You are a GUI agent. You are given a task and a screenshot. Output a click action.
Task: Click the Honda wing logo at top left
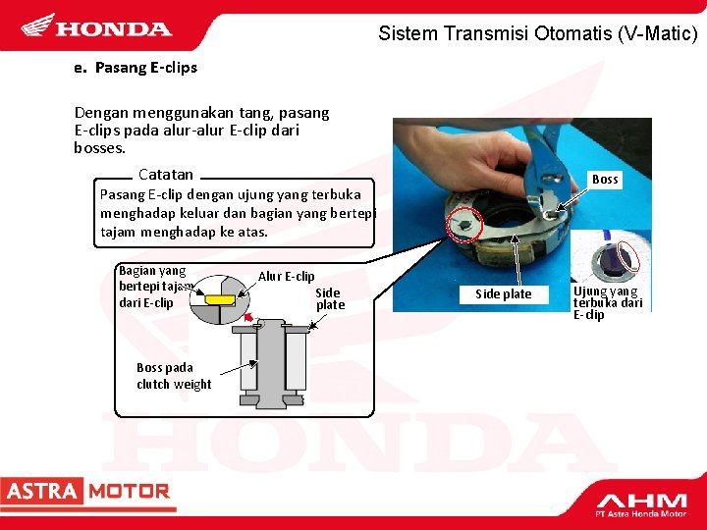pyautogui.click(x=38, y=25)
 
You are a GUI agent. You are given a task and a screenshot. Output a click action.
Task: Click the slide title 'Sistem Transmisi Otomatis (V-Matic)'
pyautogui.click(x=537, y=33)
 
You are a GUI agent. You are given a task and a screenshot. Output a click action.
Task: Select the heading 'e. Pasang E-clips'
pyautogui.click(x=136, y=68)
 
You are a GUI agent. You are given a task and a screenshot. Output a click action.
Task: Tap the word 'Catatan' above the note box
pyautogui.click(x=166, y=175)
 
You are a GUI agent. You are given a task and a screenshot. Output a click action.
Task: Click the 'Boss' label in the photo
pyautogui.click(x=605, y=180)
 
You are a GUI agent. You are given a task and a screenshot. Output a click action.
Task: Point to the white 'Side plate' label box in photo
pyautogui.click(x=504, y=294)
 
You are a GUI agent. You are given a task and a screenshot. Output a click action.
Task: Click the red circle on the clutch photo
pyautogui.click(x=464, y=226)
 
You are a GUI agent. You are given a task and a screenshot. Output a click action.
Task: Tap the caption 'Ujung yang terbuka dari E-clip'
pyautogui.click(x=608, y=303)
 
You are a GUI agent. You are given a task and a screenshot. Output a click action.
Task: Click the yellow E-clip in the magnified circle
pyautogui.click(x=220, y=299)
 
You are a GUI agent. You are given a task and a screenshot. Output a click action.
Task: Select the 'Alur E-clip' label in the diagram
pyautogui.click(x=287, y=276)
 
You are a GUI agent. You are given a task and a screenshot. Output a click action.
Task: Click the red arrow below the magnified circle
pyautogui.click(x=248, y=317)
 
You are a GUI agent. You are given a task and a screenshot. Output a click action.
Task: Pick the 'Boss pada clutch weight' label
pyautogui.click(x=174, y=376)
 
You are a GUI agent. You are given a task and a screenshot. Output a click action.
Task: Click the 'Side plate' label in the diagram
pyautogui.click(x=330, y=298)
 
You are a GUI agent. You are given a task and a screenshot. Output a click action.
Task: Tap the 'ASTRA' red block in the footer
pyautogui.click(x=42, y=491)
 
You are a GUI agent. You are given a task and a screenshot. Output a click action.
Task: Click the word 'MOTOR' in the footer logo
pyautogui.click(x=129, y=492)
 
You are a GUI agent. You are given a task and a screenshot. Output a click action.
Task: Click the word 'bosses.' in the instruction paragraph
pyautogui.click(x=99, y=148)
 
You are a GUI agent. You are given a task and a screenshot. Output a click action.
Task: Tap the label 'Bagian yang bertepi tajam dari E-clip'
pyautogui.click(x=153, y=287)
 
